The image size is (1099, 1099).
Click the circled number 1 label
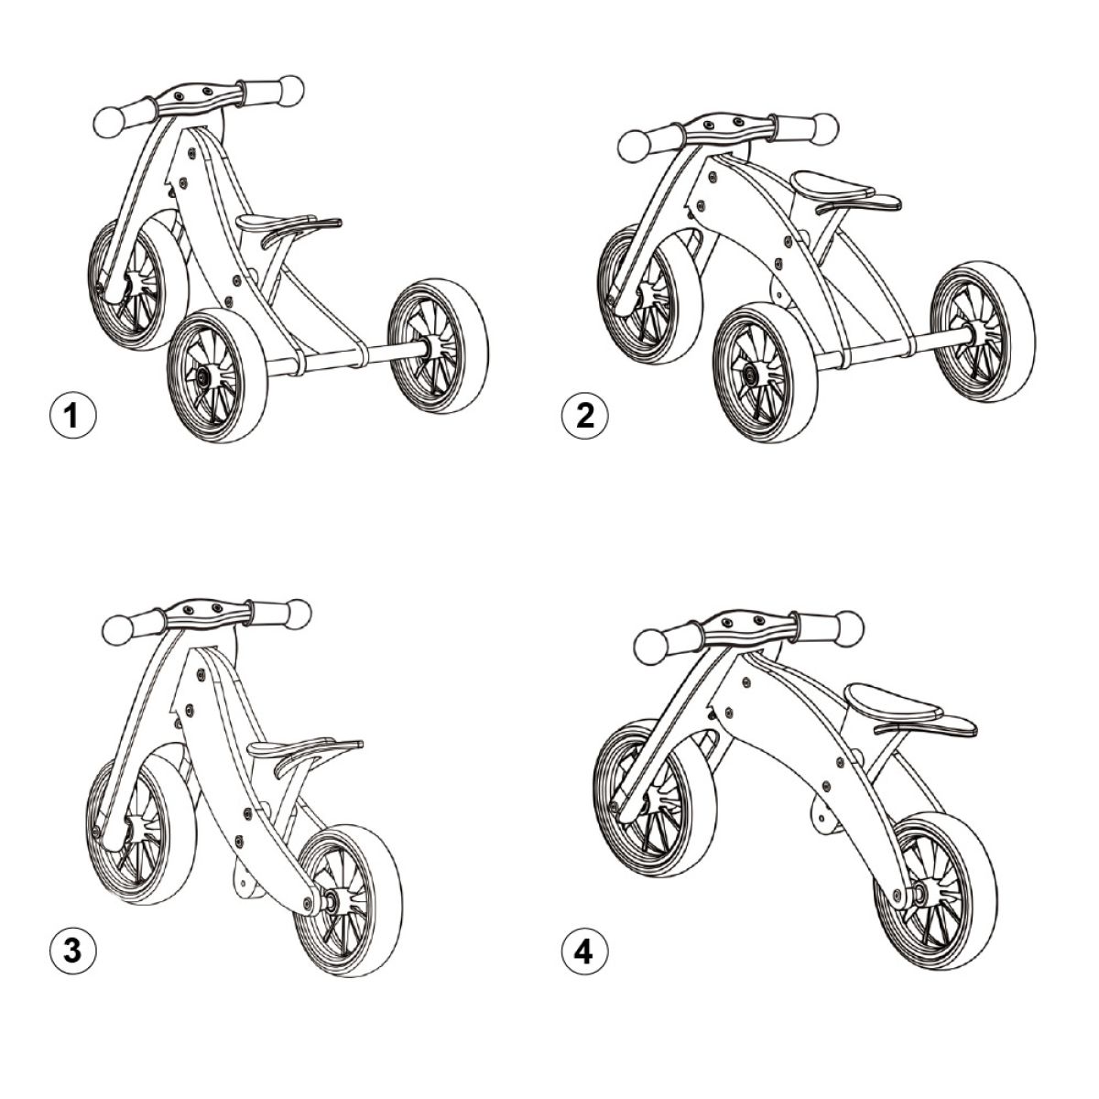[x=71, y=417]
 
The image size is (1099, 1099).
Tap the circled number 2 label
[x=584, y=417]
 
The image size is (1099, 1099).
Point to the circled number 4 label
[x=584, y=952]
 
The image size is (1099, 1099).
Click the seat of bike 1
[x=284, y=221]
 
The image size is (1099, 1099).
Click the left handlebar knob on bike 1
[x=112, y=120]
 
